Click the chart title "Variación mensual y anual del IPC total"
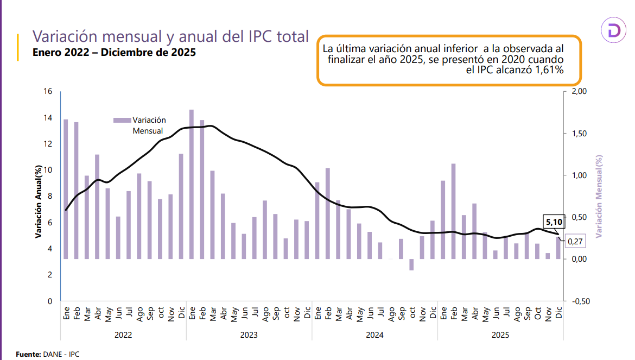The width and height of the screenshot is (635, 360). coord(170,36)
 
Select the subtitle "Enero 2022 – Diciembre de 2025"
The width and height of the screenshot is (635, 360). coord(114,53)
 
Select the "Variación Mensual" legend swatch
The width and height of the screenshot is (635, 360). coord(122,120)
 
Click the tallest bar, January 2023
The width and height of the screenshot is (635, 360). coord(192,184)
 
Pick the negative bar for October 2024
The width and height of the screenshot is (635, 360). coord(411,264)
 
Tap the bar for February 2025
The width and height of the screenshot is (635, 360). coord(453,211)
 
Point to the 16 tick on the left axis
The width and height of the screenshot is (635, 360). coord(48,92)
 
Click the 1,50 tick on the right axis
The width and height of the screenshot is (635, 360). coord(580,134)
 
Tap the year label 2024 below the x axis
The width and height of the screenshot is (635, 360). coord(374,335)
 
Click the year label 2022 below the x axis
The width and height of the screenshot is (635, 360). coord(123,335)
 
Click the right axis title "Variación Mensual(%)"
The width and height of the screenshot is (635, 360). coord(600,197)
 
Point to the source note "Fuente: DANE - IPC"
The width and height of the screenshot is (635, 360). coord(48,354)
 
